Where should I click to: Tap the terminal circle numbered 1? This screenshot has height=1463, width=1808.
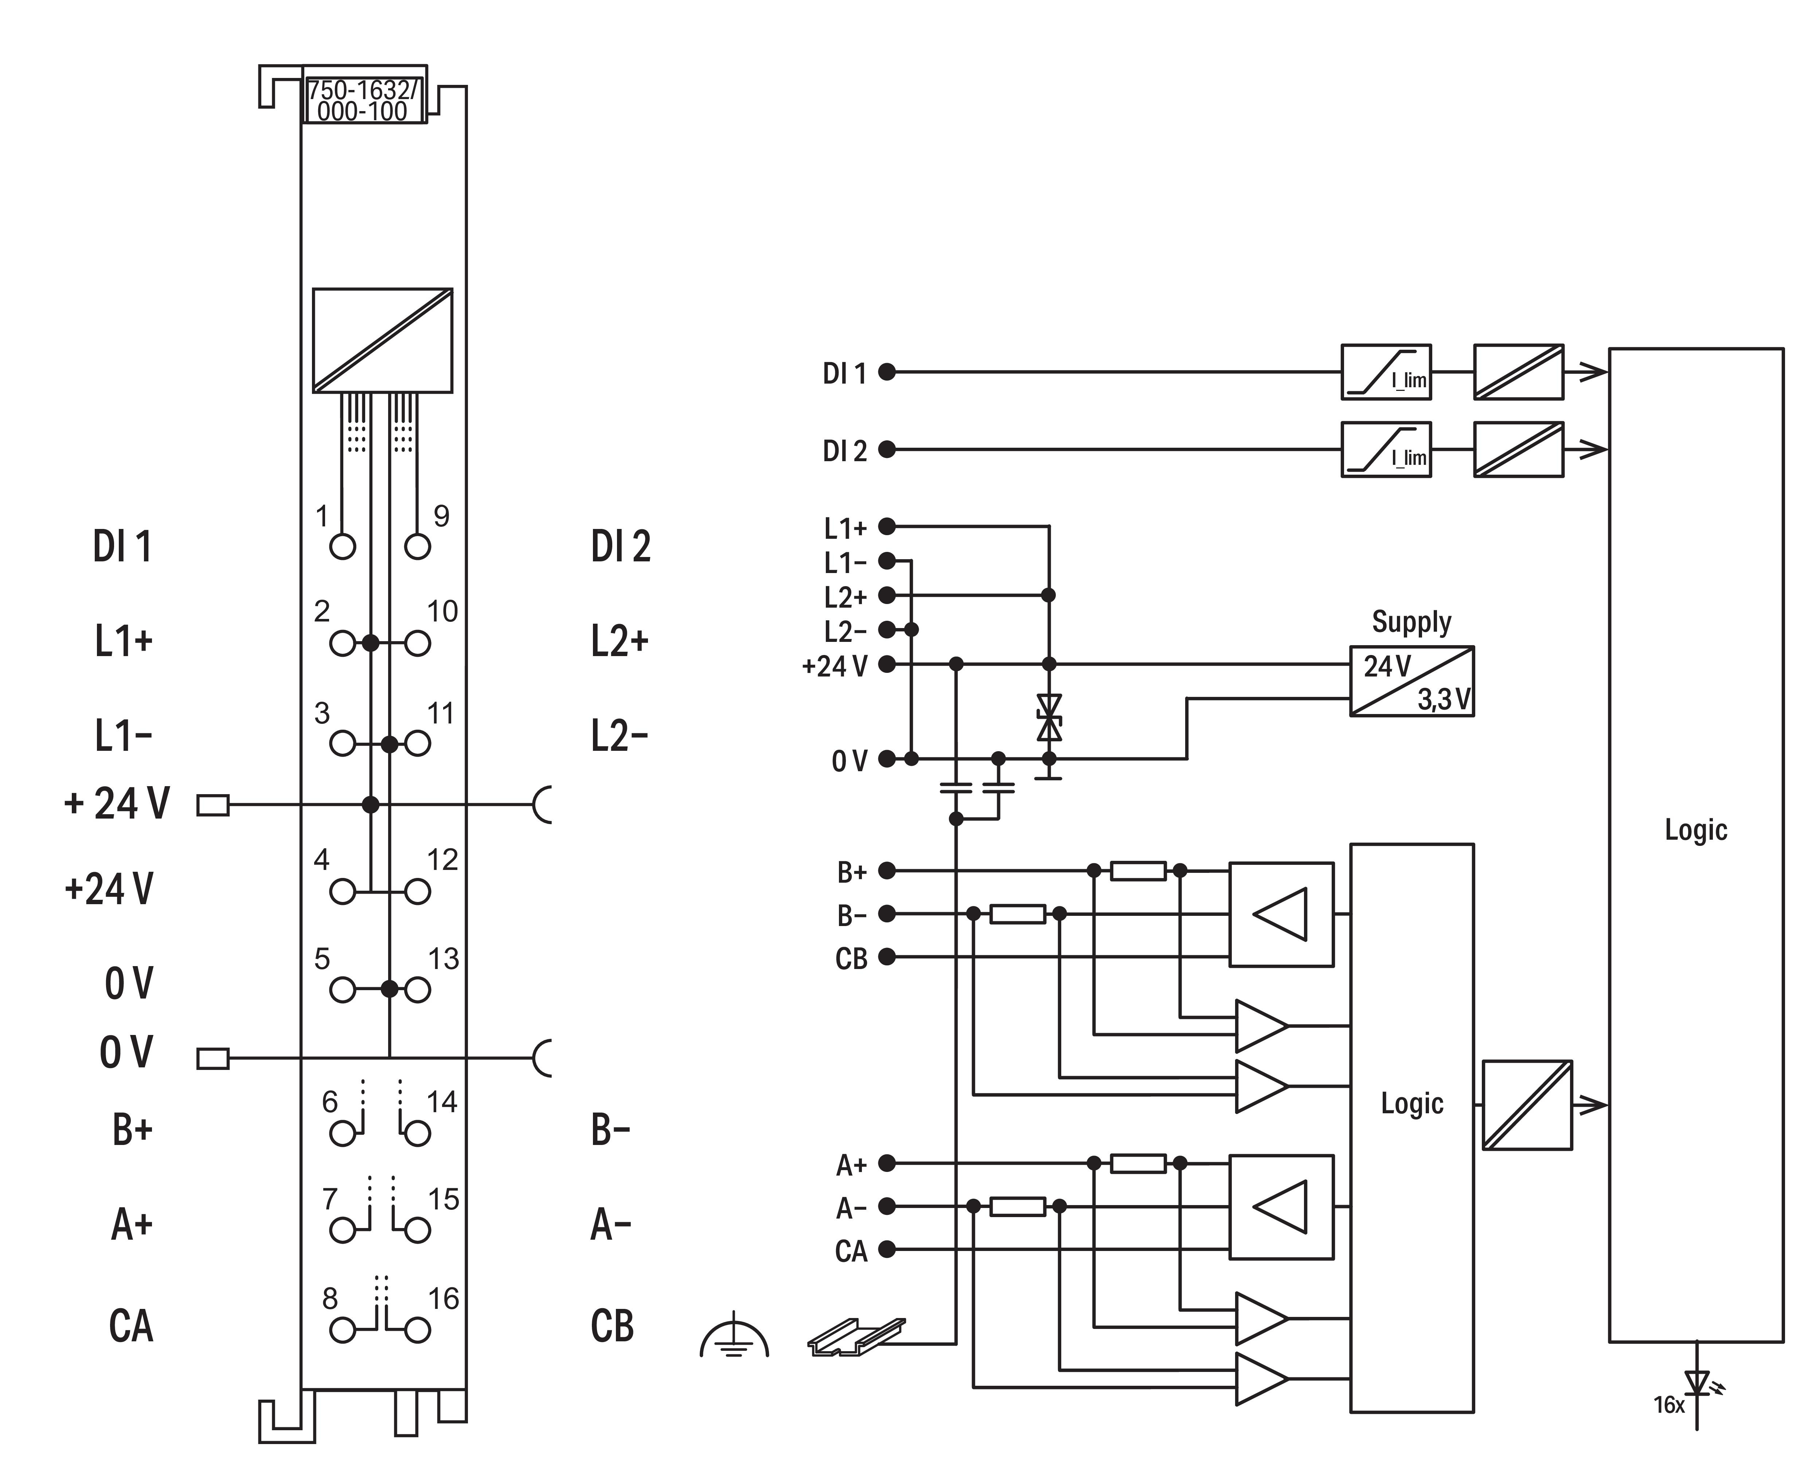(342, 547)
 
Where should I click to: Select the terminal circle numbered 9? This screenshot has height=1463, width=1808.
(417, 547)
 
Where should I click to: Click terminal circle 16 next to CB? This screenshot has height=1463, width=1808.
(417, 1330)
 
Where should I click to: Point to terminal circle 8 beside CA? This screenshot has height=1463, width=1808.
(342, 1330)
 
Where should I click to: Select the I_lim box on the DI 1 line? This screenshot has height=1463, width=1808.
(1386, 372)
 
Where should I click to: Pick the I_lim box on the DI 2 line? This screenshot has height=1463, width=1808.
(1386, 449)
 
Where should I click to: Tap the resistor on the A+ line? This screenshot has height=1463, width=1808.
(1138, 1164)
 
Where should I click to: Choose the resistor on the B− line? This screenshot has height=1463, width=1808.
(1018, 914)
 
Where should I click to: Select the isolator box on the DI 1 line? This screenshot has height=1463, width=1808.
(1518, 372)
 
